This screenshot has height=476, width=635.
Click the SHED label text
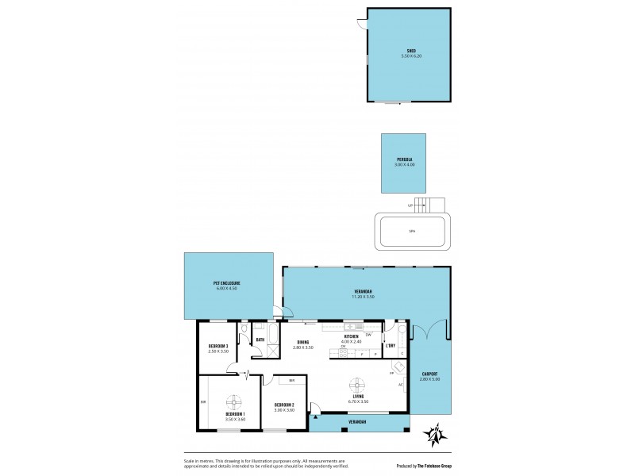tap(411, 52)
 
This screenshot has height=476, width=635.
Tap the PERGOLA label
tap(405, 159)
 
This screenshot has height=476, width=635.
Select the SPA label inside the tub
tap(411, 232)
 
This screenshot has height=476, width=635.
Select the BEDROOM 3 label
tap(218, 346)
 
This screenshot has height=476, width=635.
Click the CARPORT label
tap(429, 375)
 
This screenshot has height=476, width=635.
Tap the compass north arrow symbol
tap(434, 434)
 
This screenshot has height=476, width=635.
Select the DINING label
tap(303, 342)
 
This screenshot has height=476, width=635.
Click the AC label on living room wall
tap(401, 385)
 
